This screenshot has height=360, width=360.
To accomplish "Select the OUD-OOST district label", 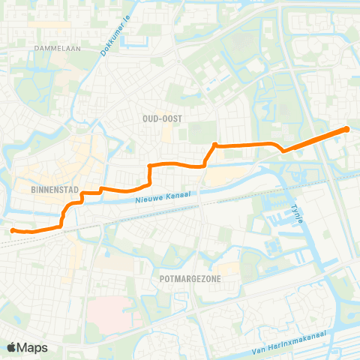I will point(163,118).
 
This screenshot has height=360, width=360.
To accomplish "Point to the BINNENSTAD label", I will point(51,190).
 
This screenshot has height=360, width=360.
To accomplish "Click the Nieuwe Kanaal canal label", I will point(163,198).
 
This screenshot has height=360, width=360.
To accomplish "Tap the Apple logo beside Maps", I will point(11,347).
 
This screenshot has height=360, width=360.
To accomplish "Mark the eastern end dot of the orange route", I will point(347,129).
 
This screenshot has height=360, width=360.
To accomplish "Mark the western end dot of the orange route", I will point(13,230).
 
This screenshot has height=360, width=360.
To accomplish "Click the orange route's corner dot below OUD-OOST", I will point(215,145).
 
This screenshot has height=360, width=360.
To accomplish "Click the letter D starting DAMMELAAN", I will point(36,47).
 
